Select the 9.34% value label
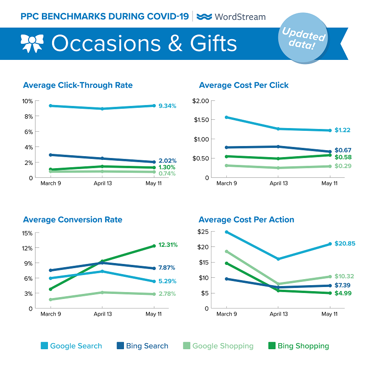coord(168,106)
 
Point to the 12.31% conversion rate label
coord(168,245)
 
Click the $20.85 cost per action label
coord(345,243)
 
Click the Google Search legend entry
coord(71,346)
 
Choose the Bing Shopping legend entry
coord(298,346)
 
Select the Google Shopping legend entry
coord(217,346)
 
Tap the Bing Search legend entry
coord(142,346)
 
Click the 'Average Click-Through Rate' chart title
coord(78,85)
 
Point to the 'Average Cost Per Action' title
coord(247,220)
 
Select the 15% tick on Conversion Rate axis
coord(27,233)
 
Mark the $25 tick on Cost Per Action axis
coord(204,231)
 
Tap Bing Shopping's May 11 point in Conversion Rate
coord(154,246)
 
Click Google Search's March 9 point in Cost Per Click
coord(225,117)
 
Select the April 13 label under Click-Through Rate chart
coord(102,183)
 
